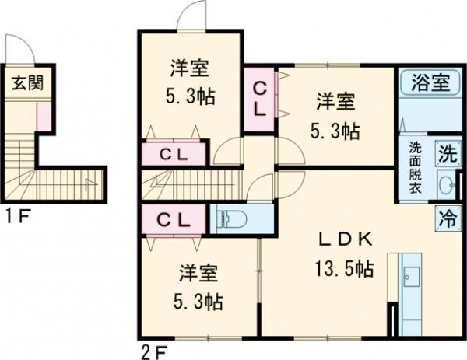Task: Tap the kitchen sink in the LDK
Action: (410, 277)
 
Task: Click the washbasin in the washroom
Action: (446, 184)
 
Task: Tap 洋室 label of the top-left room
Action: (189, 69)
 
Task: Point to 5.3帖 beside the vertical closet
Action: (336, 130)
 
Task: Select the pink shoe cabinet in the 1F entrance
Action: (44, 116)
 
